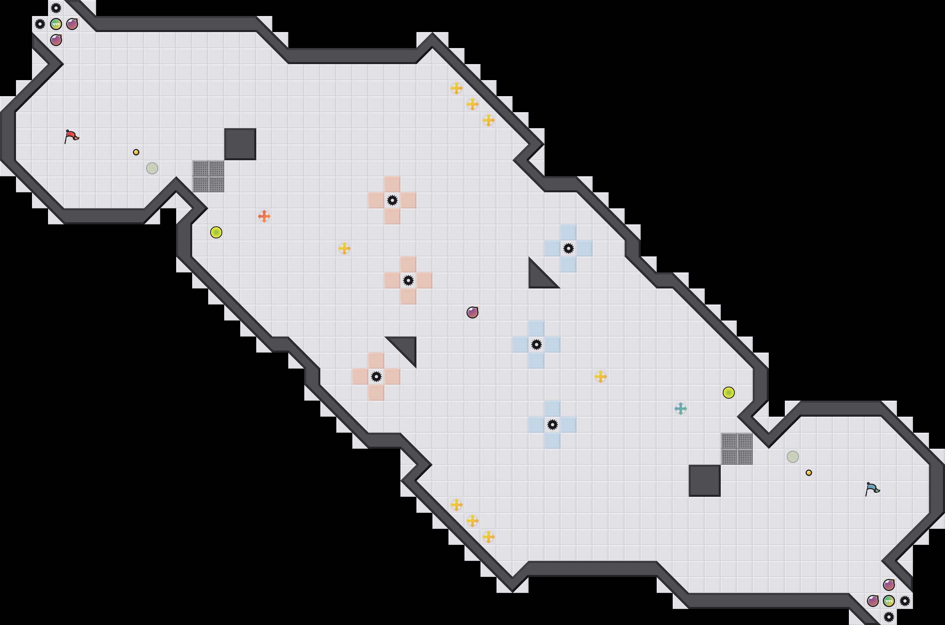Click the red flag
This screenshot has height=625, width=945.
71,136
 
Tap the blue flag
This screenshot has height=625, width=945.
872,489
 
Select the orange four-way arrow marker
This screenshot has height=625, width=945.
264,216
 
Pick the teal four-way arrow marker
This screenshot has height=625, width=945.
681,409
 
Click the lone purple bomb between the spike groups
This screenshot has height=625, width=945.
472,312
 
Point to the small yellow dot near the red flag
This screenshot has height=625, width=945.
136,152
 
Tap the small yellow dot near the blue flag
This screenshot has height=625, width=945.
809,473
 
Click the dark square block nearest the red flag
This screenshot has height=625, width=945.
240,144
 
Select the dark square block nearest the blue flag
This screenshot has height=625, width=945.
705,481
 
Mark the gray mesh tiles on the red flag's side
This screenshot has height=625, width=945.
208,176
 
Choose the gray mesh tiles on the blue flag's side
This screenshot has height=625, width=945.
737,449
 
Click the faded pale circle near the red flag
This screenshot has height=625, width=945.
152,168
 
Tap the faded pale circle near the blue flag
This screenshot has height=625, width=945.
793,457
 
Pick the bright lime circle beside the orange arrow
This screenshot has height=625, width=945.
216,232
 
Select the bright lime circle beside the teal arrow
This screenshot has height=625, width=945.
729,393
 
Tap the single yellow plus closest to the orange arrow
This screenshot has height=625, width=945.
344,248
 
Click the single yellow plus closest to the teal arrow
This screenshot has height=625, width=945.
601,377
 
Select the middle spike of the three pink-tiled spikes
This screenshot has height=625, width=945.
408,280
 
